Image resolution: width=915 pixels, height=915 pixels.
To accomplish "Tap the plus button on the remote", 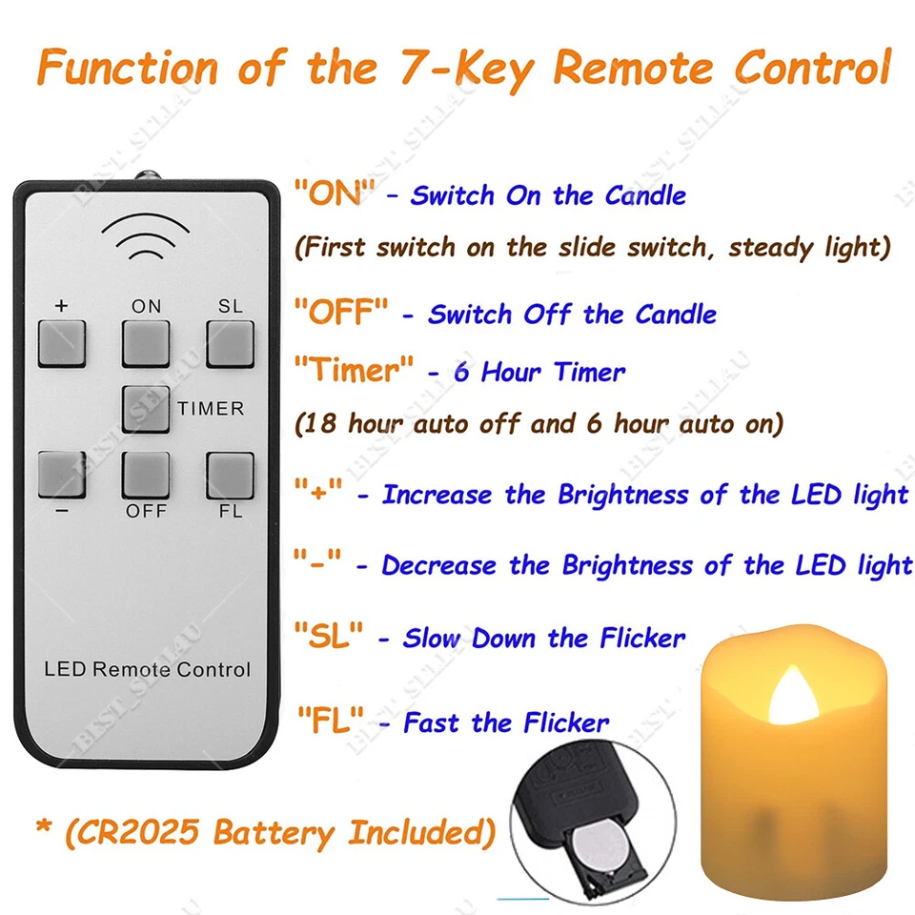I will click(x=62, y=344).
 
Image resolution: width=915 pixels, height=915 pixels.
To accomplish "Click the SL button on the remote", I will click(x=231, y=344).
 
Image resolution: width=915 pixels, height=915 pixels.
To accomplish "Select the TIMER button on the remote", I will click(x=146, y=409).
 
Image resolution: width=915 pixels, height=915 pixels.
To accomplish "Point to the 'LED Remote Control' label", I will click(x=147, y=669).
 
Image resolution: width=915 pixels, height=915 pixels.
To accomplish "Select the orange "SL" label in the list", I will click(x=329, y=637).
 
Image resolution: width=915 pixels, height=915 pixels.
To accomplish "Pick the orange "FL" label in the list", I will click(x=329, y=722).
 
